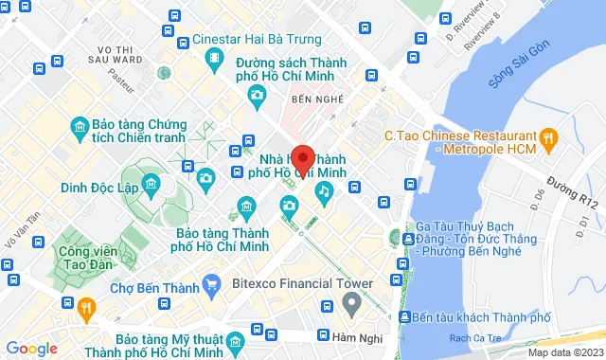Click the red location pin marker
pos(302,158)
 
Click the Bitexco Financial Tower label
pos(303,283)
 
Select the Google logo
pos(30,348)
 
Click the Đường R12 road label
pos(577,187)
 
